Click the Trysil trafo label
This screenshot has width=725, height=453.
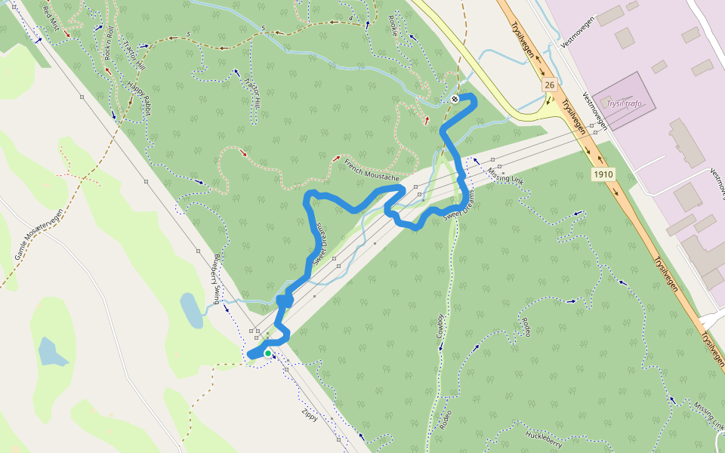tap(624, 103)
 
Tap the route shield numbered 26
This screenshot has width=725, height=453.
tap(549, 85)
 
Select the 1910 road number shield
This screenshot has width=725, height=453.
tap(603, 174)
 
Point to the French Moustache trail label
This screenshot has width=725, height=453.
tap(370, 173)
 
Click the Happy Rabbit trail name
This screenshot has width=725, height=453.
tap(140, 99)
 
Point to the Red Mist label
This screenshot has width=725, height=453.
tap(51, 14)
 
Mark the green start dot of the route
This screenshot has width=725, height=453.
tap(267, 353)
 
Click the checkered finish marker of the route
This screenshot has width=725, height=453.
tap(455, 99)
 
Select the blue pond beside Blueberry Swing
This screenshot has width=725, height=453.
tap(191, 310)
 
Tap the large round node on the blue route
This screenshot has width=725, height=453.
tap(285, 300)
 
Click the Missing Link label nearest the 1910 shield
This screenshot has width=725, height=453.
tap(505, 177)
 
